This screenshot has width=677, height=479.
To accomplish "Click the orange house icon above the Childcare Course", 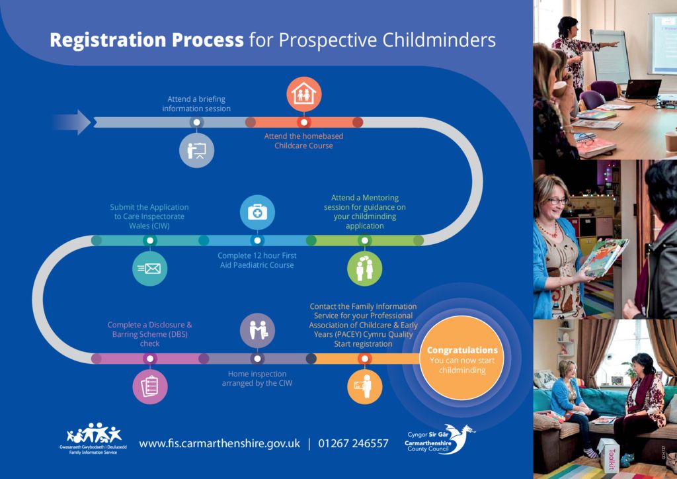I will point(304,95).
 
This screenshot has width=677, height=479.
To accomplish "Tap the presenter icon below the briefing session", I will point(196,150).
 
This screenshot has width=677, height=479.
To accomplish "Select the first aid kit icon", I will point(257,212).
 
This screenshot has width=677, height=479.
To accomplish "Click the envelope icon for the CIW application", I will point(150,268).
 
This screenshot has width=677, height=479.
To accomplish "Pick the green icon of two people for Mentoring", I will point(364,268).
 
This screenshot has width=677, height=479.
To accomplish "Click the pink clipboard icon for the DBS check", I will point(150,386).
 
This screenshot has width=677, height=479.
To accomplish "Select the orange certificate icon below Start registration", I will point(364,386).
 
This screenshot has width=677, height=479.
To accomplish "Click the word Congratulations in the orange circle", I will point(462,350).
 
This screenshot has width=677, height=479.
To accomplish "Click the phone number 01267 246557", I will point(353,443).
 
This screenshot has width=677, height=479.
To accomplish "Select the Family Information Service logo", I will point(95,439).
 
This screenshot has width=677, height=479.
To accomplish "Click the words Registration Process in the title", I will point(147,40).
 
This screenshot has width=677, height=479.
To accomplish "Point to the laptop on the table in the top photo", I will point(641,89).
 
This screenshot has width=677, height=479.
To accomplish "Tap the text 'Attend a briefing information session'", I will point(196,104).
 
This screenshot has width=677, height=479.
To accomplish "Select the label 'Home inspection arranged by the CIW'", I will point(257,378).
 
